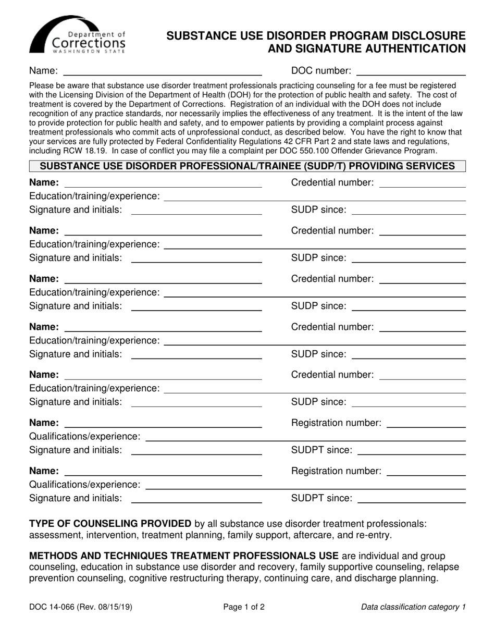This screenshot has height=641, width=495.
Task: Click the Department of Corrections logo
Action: tap(78, 35)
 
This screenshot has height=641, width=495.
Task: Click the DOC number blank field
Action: tap(410, 71)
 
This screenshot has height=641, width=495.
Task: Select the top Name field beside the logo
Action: tap(162, 71)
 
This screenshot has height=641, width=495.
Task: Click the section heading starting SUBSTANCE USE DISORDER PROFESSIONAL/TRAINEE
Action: tap(247, 166)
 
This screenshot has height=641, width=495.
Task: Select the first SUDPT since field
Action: tap(412, 450)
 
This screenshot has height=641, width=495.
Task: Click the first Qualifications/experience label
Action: tap(85, 436)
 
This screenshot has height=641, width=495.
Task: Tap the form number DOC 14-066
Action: tap(55, 607)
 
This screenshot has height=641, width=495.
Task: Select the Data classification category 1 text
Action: tap(413, 607)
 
